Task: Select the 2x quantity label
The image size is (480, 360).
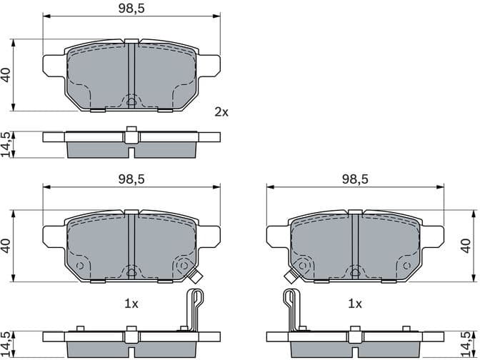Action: tap(221, 111)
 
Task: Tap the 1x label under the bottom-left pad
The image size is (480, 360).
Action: tap(130, 304)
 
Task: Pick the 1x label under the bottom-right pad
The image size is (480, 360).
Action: tap(354, 304)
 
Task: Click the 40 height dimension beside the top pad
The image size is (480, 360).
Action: tap(7, 75)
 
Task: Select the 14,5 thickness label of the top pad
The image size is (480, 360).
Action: tap(7, 144)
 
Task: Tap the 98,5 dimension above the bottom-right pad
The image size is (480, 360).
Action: tap(354, 179)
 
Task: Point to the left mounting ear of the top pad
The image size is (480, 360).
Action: tap(54, 66)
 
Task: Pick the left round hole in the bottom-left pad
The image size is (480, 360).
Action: tap(80, 266)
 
